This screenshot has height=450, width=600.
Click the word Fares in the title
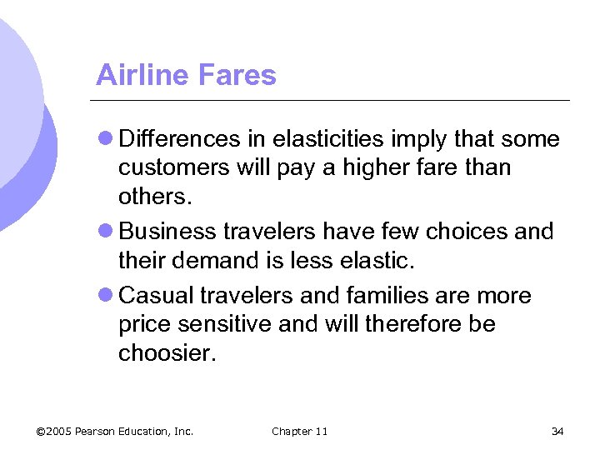click(235, 75)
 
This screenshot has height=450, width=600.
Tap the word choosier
click(167, 352)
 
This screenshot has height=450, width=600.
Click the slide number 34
click(557, 431)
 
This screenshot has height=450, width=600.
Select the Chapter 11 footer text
click(300, 431)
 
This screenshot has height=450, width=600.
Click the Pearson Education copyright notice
click(115, 431)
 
